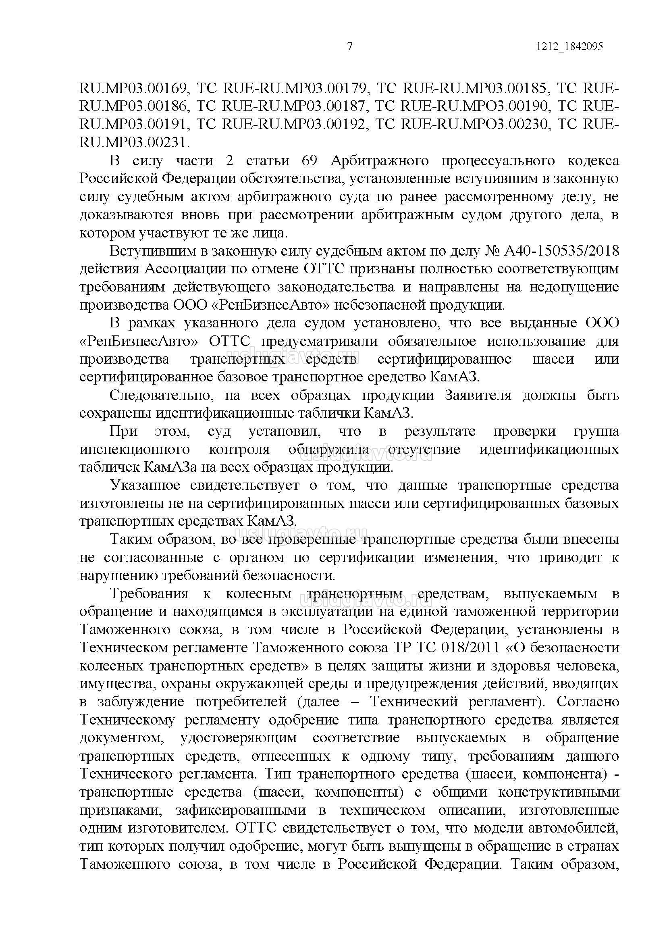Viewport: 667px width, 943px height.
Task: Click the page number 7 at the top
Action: pos(350,47)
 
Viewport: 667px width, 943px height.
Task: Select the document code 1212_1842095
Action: pos(569,47)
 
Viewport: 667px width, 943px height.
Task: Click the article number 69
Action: pos(309,160)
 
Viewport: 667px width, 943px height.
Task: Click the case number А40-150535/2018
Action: pos(561,251)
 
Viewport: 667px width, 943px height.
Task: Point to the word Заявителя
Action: pos(478,396)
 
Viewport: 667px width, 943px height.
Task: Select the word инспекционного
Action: pos(135,450)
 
